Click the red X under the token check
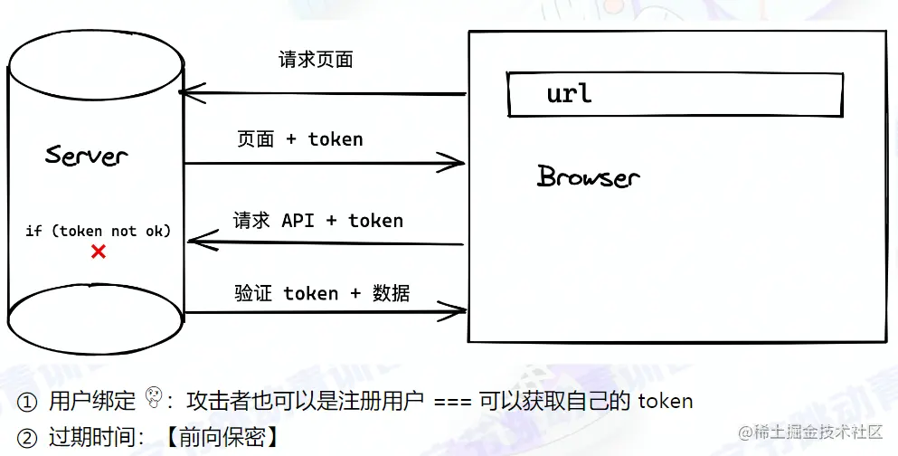coord(99,252)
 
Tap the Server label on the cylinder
coord(87,155)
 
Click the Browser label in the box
coord(588,176)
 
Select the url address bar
coord(675,94)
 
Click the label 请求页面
coord(316,61)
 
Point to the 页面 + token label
coord(300,139)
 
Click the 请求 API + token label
coord(318,221)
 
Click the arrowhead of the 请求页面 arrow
coord(185,92)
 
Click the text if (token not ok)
coord(98,231)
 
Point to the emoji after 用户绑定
coord(155,399)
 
